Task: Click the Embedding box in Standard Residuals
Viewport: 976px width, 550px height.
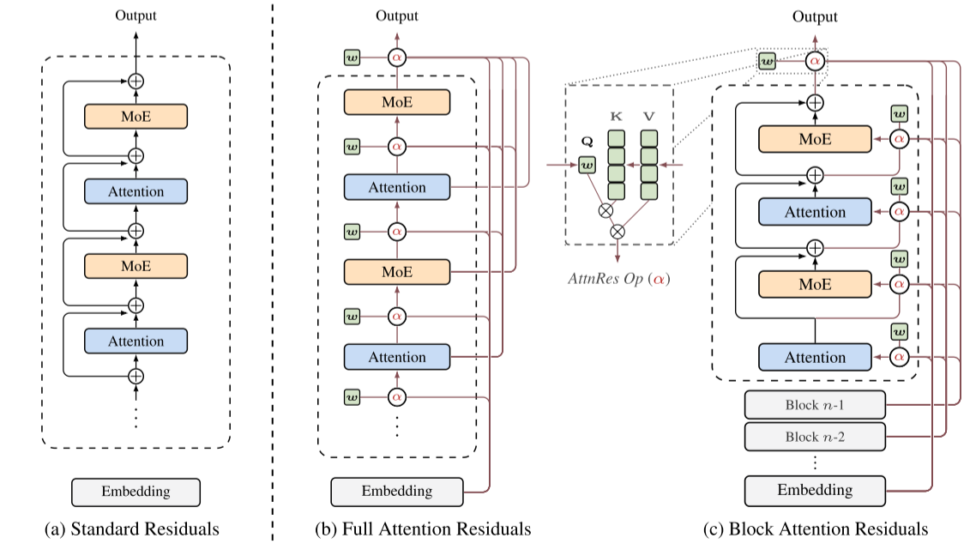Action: point(136,493)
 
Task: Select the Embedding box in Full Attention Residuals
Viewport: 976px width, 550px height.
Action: point(396,492)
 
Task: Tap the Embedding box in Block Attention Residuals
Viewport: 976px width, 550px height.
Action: point(815,491)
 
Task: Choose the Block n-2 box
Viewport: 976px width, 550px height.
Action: point(815,437)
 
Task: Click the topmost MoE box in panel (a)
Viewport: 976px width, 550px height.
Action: point(136,117)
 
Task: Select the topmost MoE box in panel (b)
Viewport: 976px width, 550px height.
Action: point(396,102)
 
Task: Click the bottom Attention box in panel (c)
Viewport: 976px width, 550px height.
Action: point(815,357)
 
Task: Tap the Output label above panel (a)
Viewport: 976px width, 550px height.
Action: point(136,15)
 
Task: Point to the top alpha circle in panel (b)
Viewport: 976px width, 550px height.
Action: point(396,57)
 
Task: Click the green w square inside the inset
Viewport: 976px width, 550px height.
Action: point(587,164)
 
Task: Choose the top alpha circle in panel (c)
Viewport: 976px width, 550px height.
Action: point(815,62)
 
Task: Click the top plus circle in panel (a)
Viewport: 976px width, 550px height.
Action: point(136,82)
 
